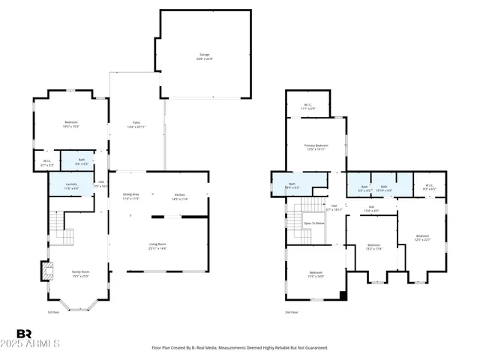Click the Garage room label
[x=204, y=55]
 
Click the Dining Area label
[x=131, y=196]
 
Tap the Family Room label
[x=80, y=273]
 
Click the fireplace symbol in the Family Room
[x=45, y=269]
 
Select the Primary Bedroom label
[x=316, y=147]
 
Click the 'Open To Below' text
[x=314, y=223]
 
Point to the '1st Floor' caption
[x=53, y=312]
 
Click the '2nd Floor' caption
[x=292, y=312]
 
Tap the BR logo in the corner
[x=24, y=333]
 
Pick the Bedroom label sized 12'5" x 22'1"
[x=423, y=238]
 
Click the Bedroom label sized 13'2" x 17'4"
[x=373, y=247]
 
